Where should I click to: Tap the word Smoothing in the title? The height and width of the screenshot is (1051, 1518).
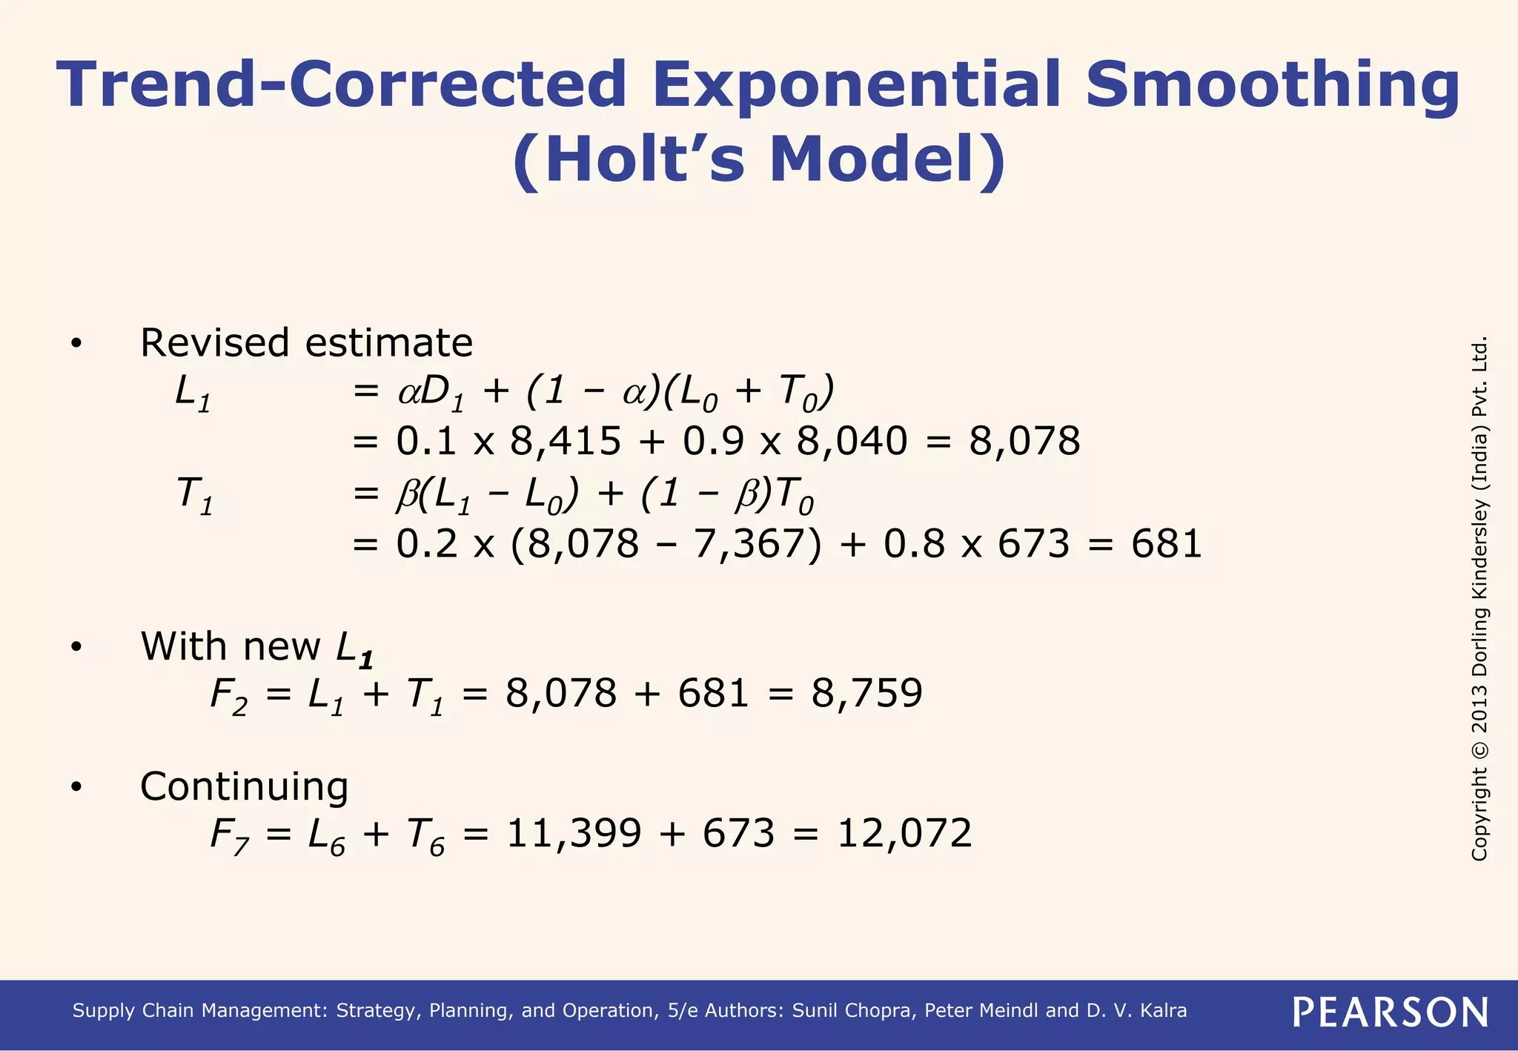pyautogui.click(x=1272, y=84)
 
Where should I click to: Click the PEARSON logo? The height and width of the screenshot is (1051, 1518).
pyautogui.click(x=1391, y=1012)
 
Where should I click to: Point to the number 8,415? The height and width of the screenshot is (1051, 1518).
pyautogui.click(x=565, y=441)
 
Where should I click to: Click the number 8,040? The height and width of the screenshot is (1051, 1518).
pyautogui.click(x=852, y=441)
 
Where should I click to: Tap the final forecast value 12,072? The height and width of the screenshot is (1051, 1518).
pyautogui.click(x=904, y=833)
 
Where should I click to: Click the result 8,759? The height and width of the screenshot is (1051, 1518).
pyautogui.click(x=866, y=694)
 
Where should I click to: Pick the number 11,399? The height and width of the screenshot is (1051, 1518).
pyautogui.click(x=574, y=833)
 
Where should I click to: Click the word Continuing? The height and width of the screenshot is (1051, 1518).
pyautogui.click(x=244, y=786)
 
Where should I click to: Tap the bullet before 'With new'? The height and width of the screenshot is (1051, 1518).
pyautogui.click(x=76, y=647)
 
